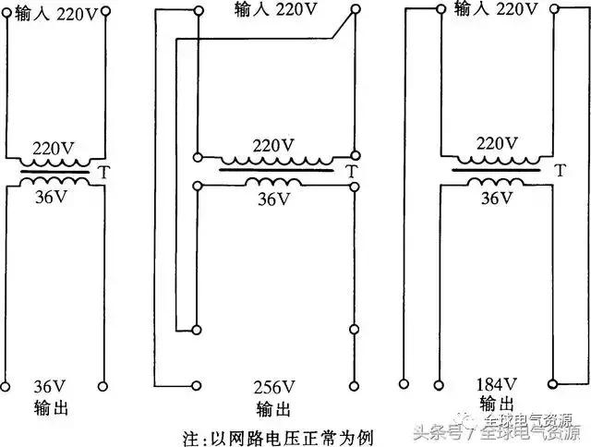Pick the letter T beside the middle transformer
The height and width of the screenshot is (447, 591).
[347, 171]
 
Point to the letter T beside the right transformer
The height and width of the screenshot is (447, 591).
[560, 171]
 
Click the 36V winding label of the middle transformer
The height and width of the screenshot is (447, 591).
[273, 199]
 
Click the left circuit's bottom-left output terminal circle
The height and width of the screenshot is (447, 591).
[6, 383]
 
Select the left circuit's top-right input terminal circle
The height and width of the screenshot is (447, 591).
[103, 14]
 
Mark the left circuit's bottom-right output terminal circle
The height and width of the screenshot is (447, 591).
[103, 383]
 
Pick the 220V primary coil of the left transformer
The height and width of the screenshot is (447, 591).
[54, 163]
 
